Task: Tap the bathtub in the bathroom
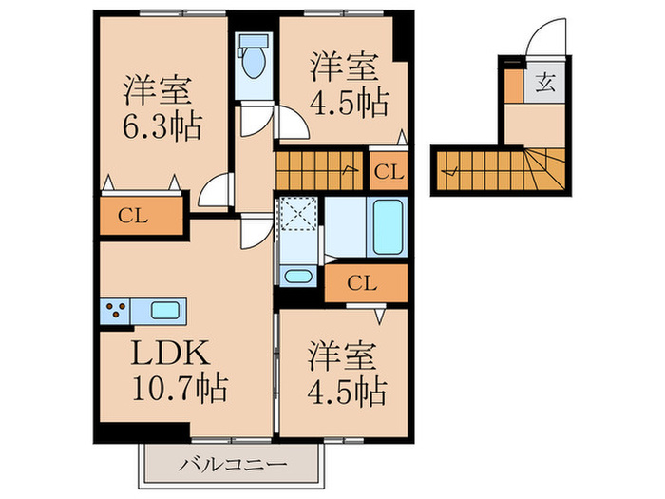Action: (x=387, y=228)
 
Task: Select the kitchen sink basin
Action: (x=164, y=310)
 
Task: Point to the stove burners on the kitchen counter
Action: (x=117, y=310)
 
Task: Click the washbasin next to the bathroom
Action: (x=297, y=277)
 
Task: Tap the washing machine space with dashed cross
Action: (x=298, y=214)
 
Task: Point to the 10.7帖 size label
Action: (x=179, y=388)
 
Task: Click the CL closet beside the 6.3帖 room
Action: (x=139, y=214)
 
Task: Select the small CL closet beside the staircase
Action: (x=387, y=172)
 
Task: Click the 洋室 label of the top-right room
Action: (x=346, y=68)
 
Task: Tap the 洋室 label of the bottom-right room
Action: (x=342, y=357)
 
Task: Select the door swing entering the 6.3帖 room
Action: (x=215, y=190)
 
